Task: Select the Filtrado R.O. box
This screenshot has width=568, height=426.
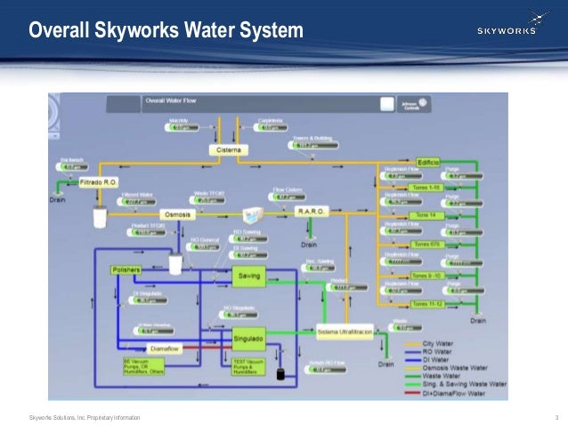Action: coord(98,182)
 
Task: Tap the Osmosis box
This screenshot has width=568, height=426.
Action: coord(176,215)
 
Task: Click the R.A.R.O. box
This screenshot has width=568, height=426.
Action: coord(312,211)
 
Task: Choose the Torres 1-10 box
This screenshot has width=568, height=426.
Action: coord(426,188)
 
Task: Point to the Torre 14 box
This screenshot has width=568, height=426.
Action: coord(426,215)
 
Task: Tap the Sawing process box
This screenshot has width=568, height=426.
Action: coord(248,277)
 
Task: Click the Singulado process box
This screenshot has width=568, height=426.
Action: coord(248,339)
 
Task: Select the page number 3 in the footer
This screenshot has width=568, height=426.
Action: coord(556,417)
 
